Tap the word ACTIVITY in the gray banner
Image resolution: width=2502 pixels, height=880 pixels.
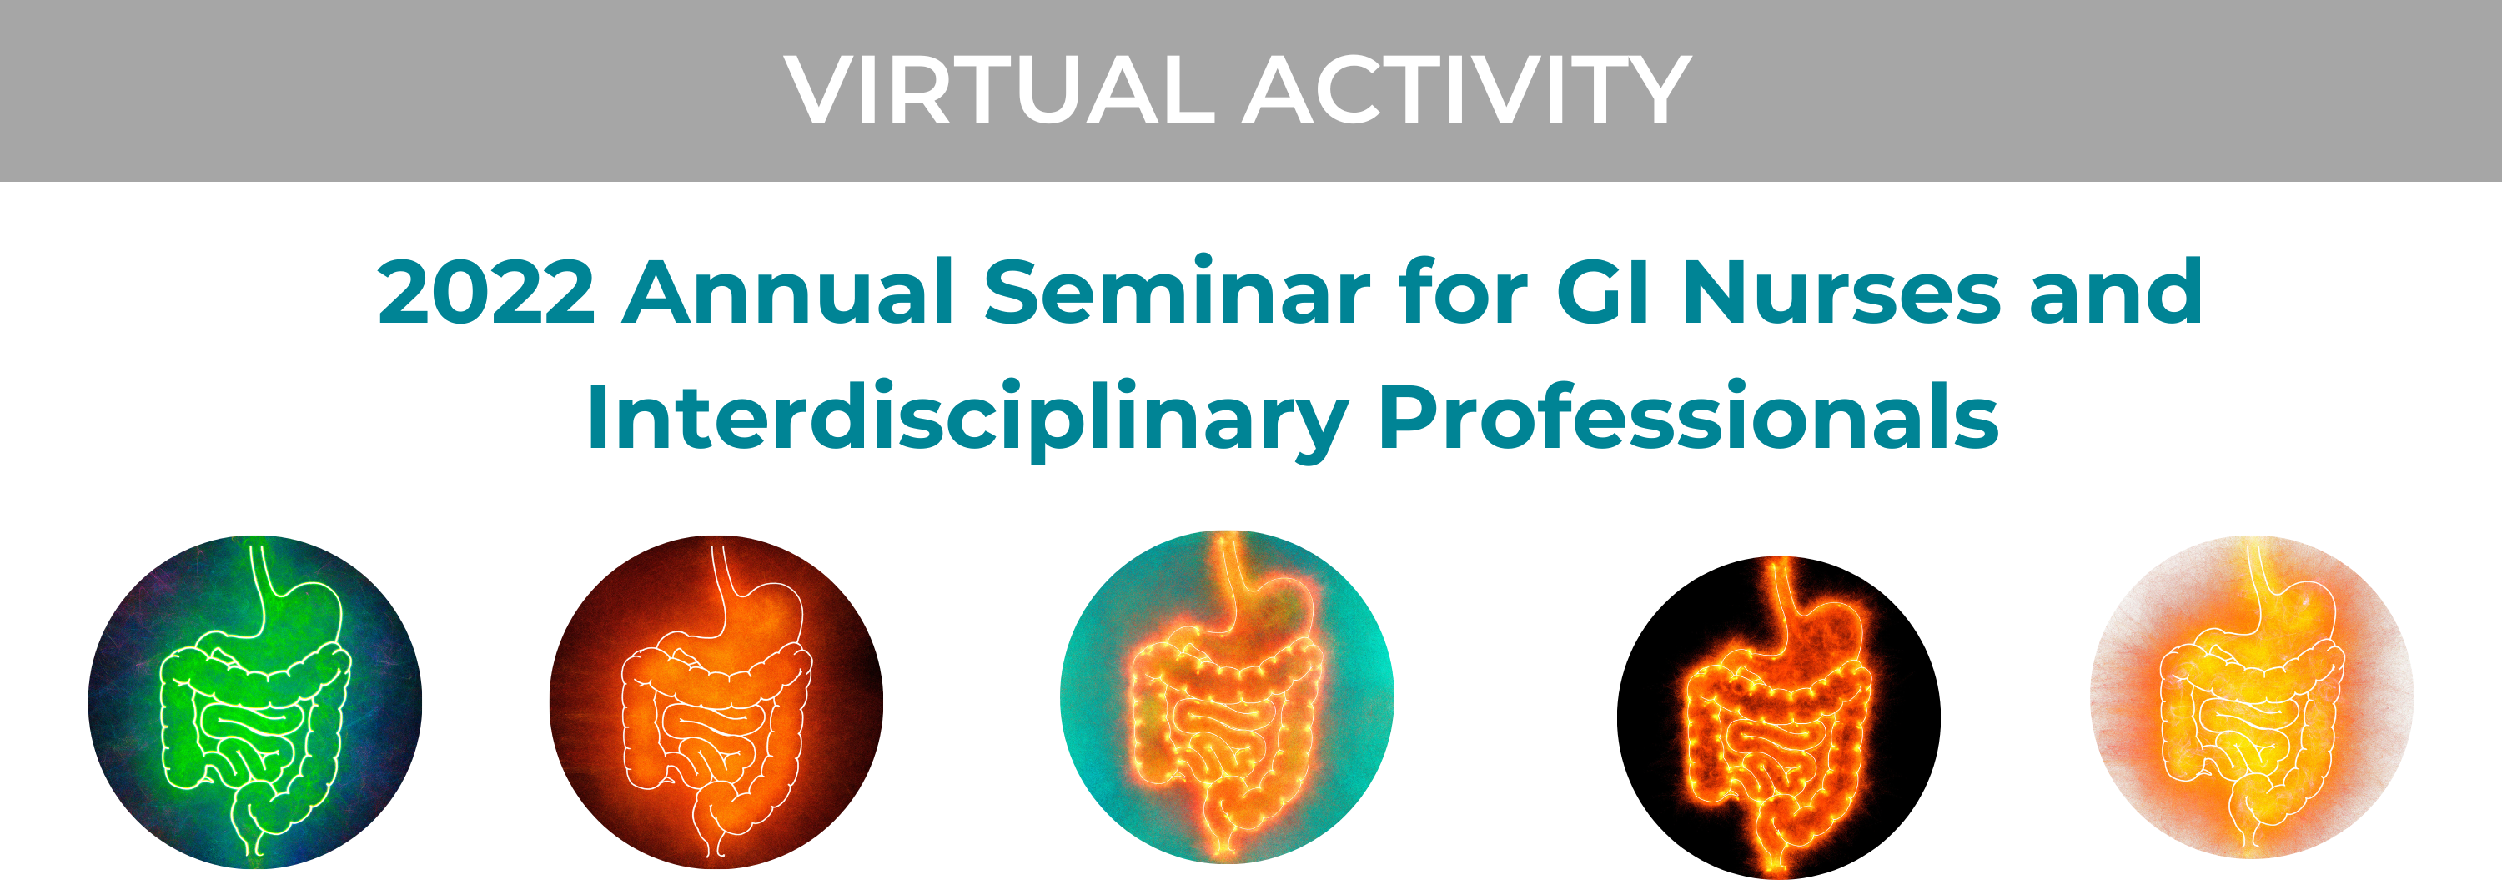(x=1468, y=89)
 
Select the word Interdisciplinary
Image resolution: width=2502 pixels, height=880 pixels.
(x=967, y=419)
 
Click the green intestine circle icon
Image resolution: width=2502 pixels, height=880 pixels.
(x=254, y=701)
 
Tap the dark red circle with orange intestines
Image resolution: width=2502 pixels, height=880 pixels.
(x=716, y=701)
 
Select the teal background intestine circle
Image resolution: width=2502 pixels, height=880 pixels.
(x=1227, y=696)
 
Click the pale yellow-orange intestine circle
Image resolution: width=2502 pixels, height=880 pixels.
(x=2252, y=696)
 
